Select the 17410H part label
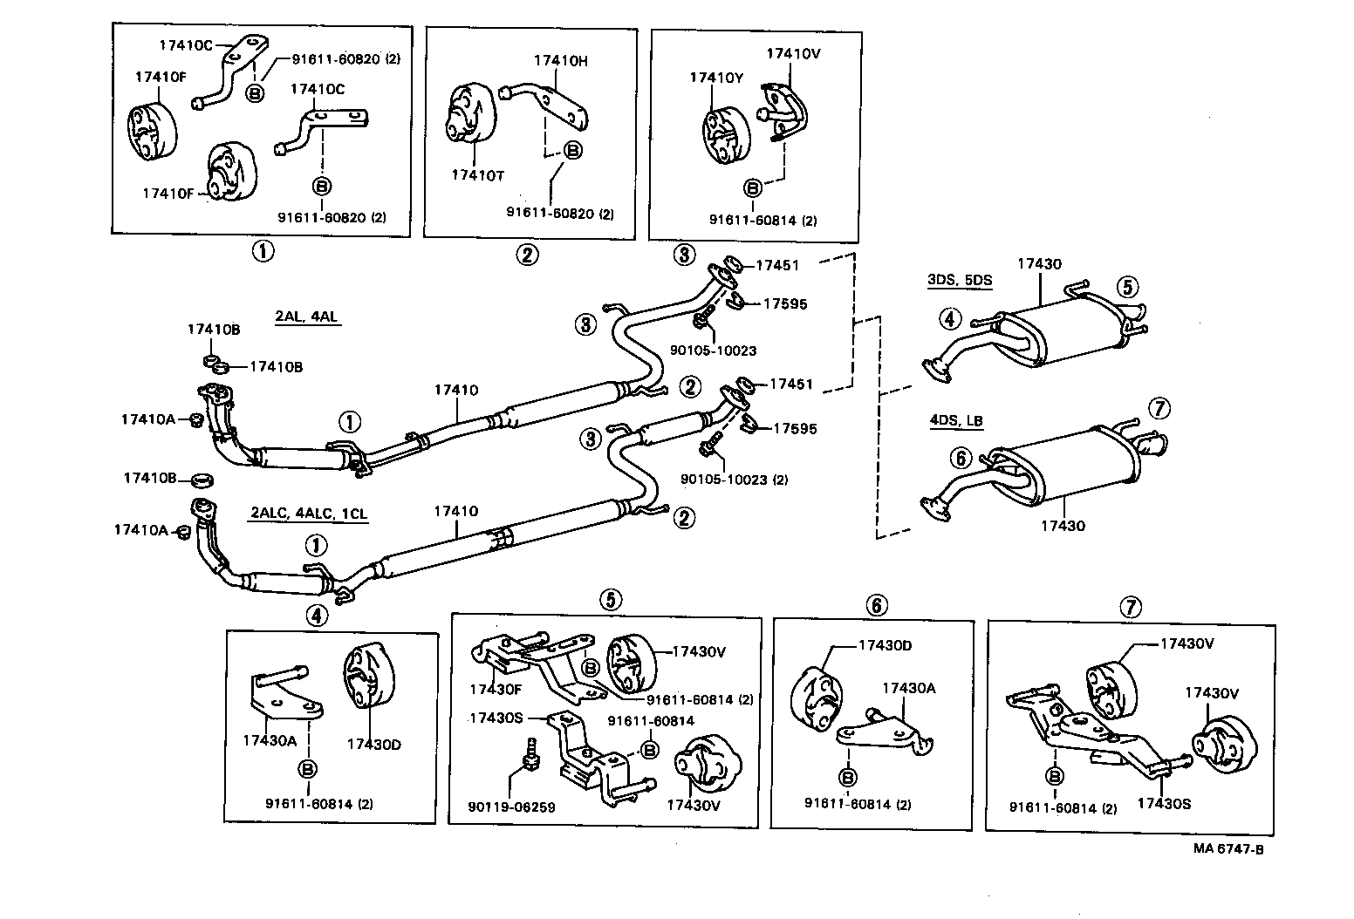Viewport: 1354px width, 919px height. pos(560,61)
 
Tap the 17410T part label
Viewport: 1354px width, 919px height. pos(477,175)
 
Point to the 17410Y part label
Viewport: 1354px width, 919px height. pos(716,78)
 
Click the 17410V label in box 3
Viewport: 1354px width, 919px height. pos(793,53)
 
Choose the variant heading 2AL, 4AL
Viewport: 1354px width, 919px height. pos(307,317)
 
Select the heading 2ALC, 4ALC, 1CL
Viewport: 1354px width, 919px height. pos(308,513)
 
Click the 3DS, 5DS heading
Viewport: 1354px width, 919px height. pos(960,281)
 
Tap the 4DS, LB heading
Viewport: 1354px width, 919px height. pos(956,421)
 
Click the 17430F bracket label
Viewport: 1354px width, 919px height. pos(496,689)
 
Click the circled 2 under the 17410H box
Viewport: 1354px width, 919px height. pos(527,255)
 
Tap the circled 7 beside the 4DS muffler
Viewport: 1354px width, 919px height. pos(1159,407)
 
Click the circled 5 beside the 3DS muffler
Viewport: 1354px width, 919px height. pos(1127,286)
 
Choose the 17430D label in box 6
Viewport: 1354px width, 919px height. pos(885,645)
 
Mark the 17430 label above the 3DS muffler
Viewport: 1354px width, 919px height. pos(1039,263)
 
